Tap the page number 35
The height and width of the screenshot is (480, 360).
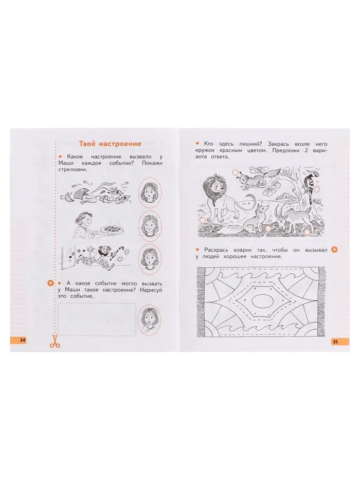(x=335, y=342)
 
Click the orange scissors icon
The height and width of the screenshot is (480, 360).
(x=55, y=341)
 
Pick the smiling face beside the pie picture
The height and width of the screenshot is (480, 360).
(x=150, y=226)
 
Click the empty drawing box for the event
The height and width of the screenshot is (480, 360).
(x=97, y=319)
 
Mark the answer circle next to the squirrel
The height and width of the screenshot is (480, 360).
(x=235, y=173)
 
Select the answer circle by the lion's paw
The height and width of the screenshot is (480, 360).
(x=203, y=220)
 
